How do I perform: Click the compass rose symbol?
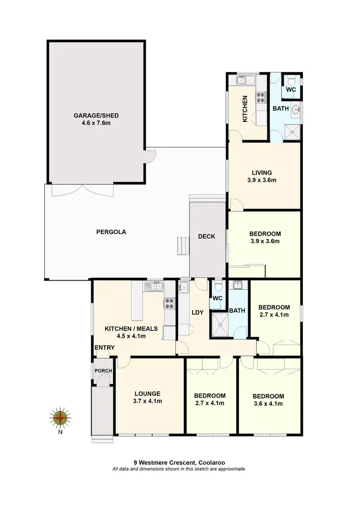point(60,418)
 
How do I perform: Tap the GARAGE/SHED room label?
point(96,116)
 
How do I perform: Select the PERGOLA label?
point(110,232)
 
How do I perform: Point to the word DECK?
point(207,237)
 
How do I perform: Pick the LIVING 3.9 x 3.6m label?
point(262,177)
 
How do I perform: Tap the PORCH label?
point(103,371)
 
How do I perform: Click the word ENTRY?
point(104,347)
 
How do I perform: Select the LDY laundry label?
point(197,313)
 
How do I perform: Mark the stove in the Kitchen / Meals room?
point(170,303)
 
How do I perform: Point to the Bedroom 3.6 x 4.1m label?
point(268,400)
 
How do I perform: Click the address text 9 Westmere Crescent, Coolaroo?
point(179,462)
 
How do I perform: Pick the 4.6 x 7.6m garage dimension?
point(96,123)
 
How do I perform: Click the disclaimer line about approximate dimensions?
point(179,469)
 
